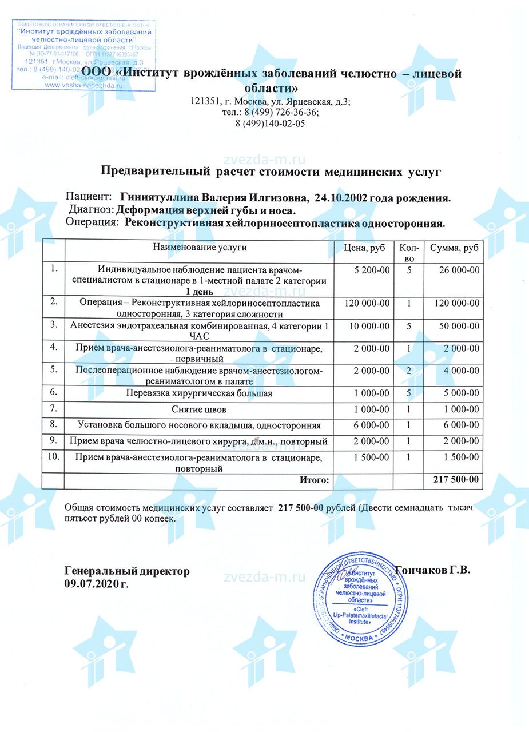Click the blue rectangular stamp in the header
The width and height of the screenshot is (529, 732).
tap(83, 55)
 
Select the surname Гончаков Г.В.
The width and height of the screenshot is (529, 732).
tap(432, 571)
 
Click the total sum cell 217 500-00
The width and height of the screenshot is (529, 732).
tap(455, 480)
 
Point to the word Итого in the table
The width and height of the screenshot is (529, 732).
tap(315, 480)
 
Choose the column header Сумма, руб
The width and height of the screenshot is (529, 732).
tap(455, 248)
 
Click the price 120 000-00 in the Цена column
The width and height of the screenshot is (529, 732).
tap(367, 303)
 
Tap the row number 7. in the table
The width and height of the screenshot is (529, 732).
tap(54, 409)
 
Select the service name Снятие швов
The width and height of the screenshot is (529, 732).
tap(199, 409)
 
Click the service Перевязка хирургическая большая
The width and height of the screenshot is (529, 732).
tap(199, 393)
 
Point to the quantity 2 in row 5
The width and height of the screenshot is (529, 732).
tap(409, 371)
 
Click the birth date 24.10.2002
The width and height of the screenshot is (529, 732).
tap(340, 198)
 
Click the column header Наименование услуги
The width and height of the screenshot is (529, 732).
tap(200, 248)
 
